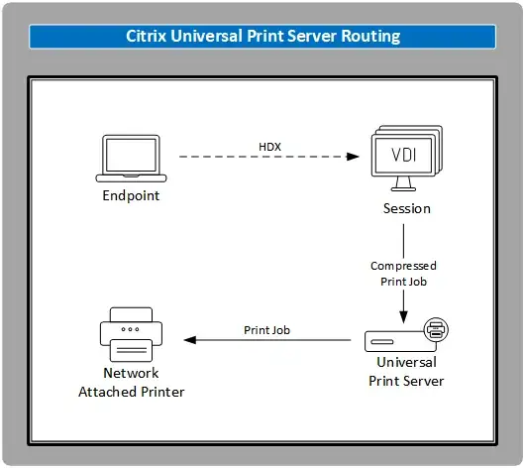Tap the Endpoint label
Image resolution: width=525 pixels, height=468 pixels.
pyautogui.click(x=131, y=195)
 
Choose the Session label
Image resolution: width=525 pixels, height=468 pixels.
pyautogui.click(x=406, y=208)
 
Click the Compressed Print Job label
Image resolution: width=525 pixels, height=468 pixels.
pyautogui.click(x=403, y=273)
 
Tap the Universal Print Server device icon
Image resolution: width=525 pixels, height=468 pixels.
pyautogui.click(x=396, y=340)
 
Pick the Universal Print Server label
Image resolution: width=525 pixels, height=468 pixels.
pyautogui.click(x=405, y=372)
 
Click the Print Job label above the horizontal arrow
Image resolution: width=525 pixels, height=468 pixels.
pyautogui.click(x=266, y=330)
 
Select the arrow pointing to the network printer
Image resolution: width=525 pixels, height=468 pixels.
pyautogui.click(x=267, y=341)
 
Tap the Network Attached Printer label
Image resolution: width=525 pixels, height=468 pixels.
pyautogui.click(x=131, y=383)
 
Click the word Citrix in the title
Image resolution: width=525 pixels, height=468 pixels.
pyautogui.click(x=148, y=36)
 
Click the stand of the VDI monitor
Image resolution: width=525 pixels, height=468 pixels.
pyautogui.click(x=406, y=185)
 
